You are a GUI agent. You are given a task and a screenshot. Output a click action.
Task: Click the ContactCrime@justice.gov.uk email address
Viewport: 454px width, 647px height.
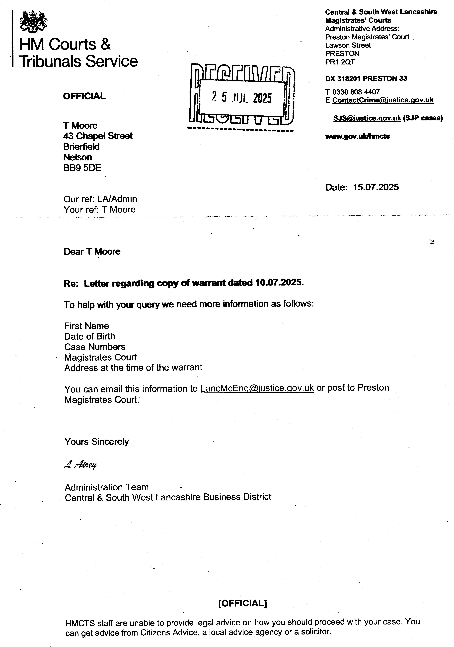pyautogui.click(x=383, y=100)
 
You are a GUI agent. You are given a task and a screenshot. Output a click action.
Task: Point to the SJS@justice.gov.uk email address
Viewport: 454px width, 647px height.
pyautogui.click(x=367, y=118)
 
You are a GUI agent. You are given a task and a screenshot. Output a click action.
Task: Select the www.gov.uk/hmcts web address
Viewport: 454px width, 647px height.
pyautogui.click(x=357, y=136)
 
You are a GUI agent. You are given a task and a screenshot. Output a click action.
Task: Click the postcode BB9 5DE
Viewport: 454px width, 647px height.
pyautogui.click(x=82, y=168)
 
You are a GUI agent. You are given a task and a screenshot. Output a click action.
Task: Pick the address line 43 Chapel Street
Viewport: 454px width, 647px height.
pyautogui.click(x=98, y=136)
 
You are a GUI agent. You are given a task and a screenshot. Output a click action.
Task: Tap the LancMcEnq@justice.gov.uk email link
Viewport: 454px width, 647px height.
pyautogui.click(x=257, y=388)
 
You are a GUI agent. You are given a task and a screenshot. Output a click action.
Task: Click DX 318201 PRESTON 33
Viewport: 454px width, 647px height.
pyautogui.click(x=366, y=79)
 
